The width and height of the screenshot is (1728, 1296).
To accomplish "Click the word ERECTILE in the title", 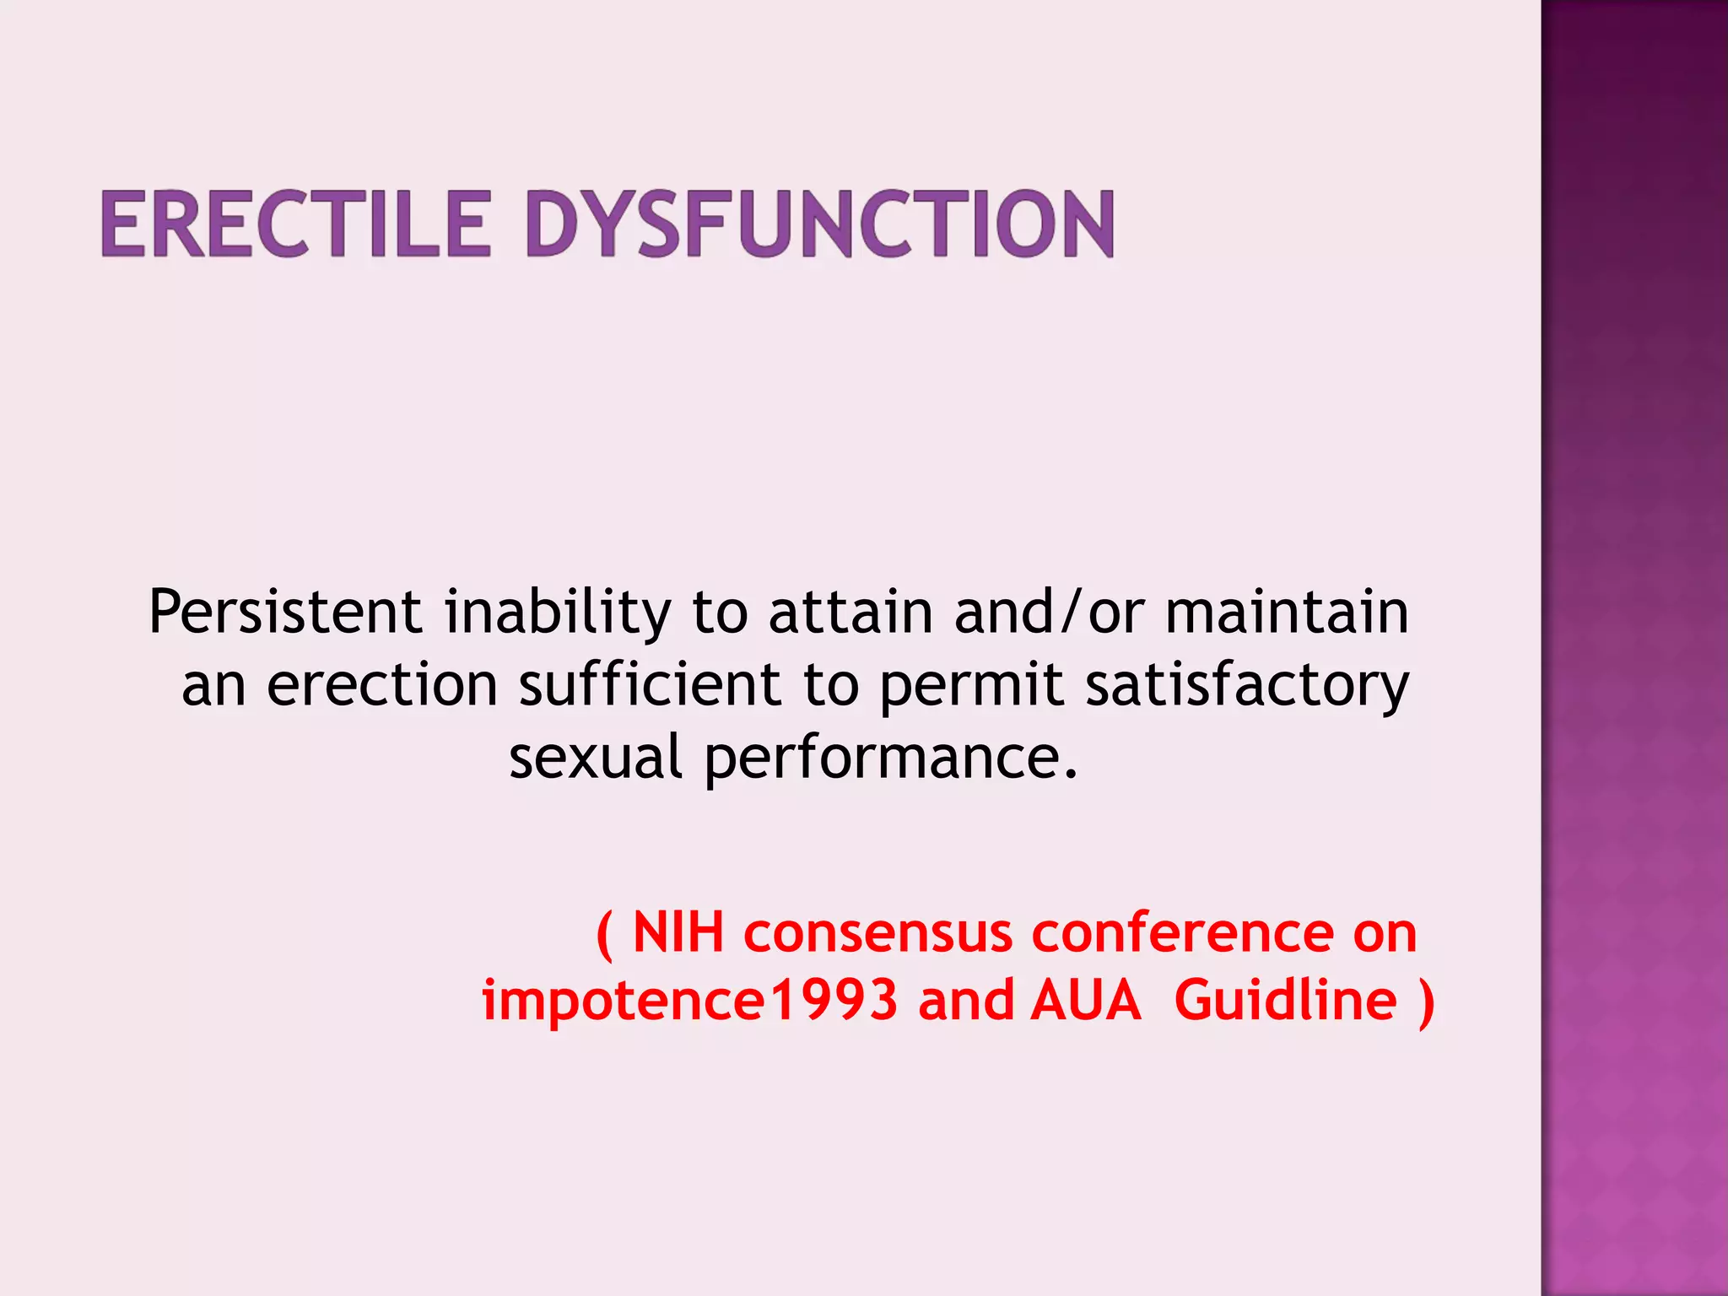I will click(x=295, y=224).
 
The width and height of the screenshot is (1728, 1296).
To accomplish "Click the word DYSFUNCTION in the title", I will click(x=820, y=224).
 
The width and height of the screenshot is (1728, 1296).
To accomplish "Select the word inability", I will click(x=558, y=613).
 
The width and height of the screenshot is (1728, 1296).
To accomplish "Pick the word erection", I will click(x=382, y=684).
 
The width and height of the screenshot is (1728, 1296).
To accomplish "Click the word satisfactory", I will click(x=1247, y=686).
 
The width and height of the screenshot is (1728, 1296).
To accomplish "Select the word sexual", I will click(x=595, y=757).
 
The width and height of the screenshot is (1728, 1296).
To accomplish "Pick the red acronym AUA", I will click(x=1086, y=1001).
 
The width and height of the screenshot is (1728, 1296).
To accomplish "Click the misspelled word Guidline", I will click(x=1285, y=1001).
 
